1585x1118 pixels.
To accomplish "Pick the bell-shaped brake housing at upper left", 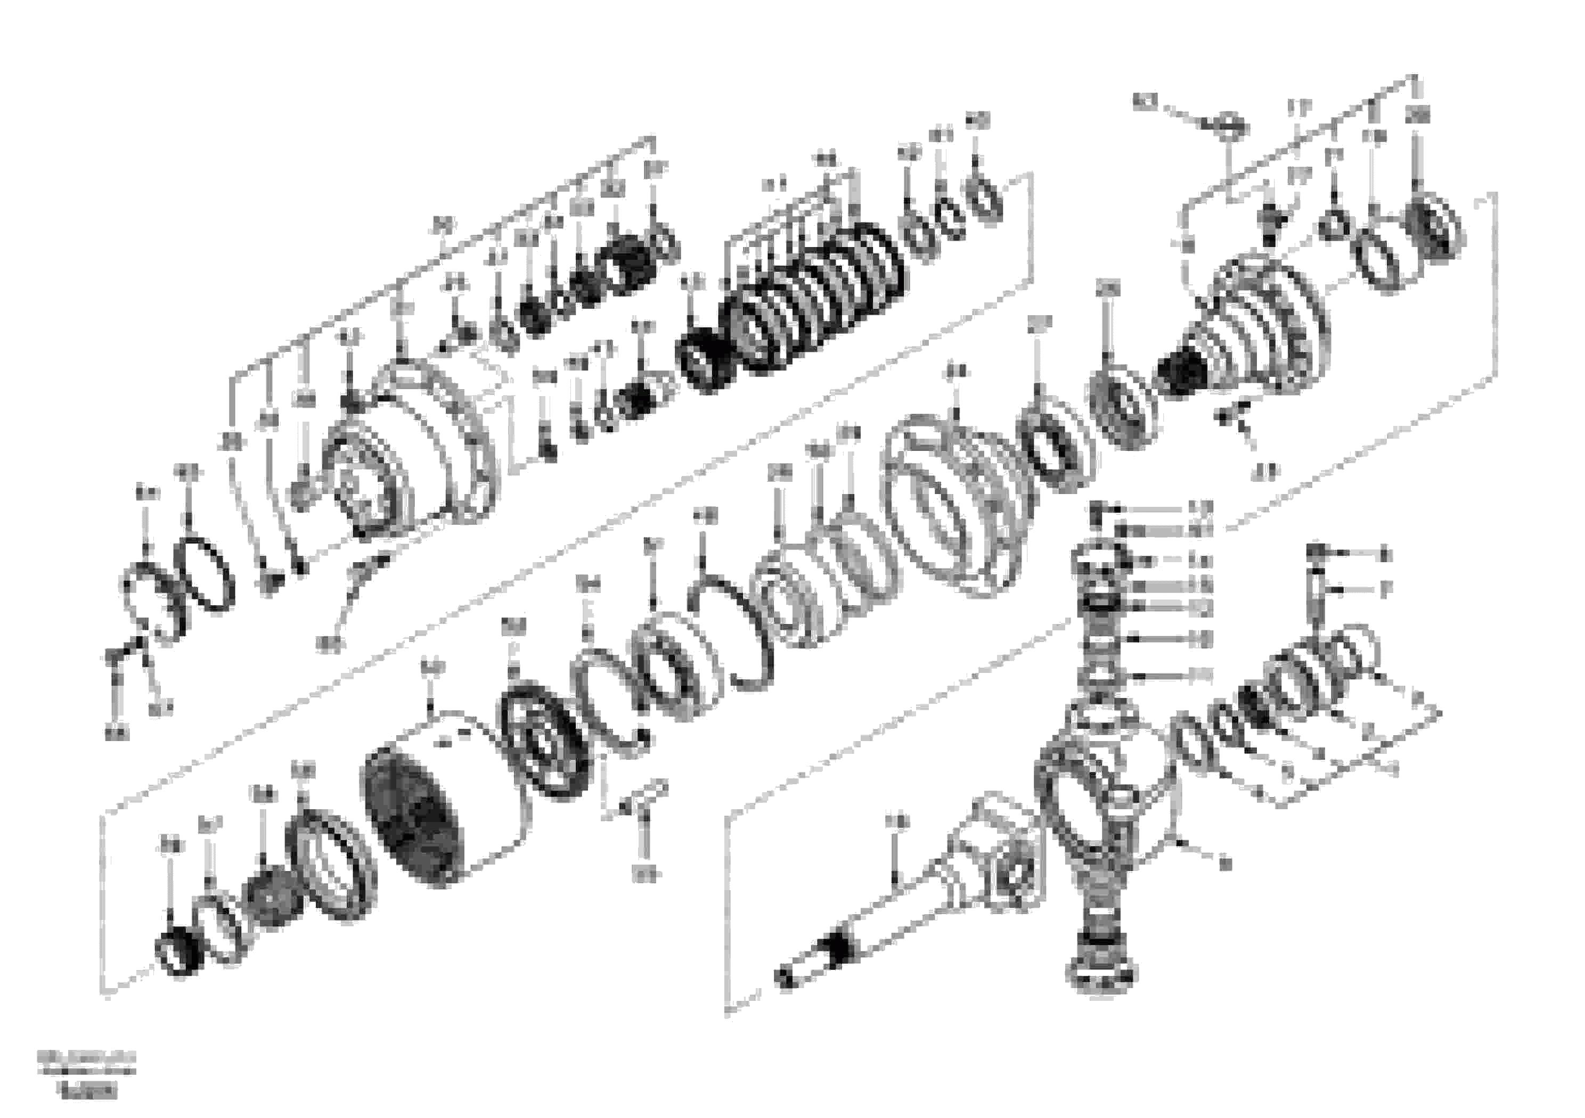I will point(414,449).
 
